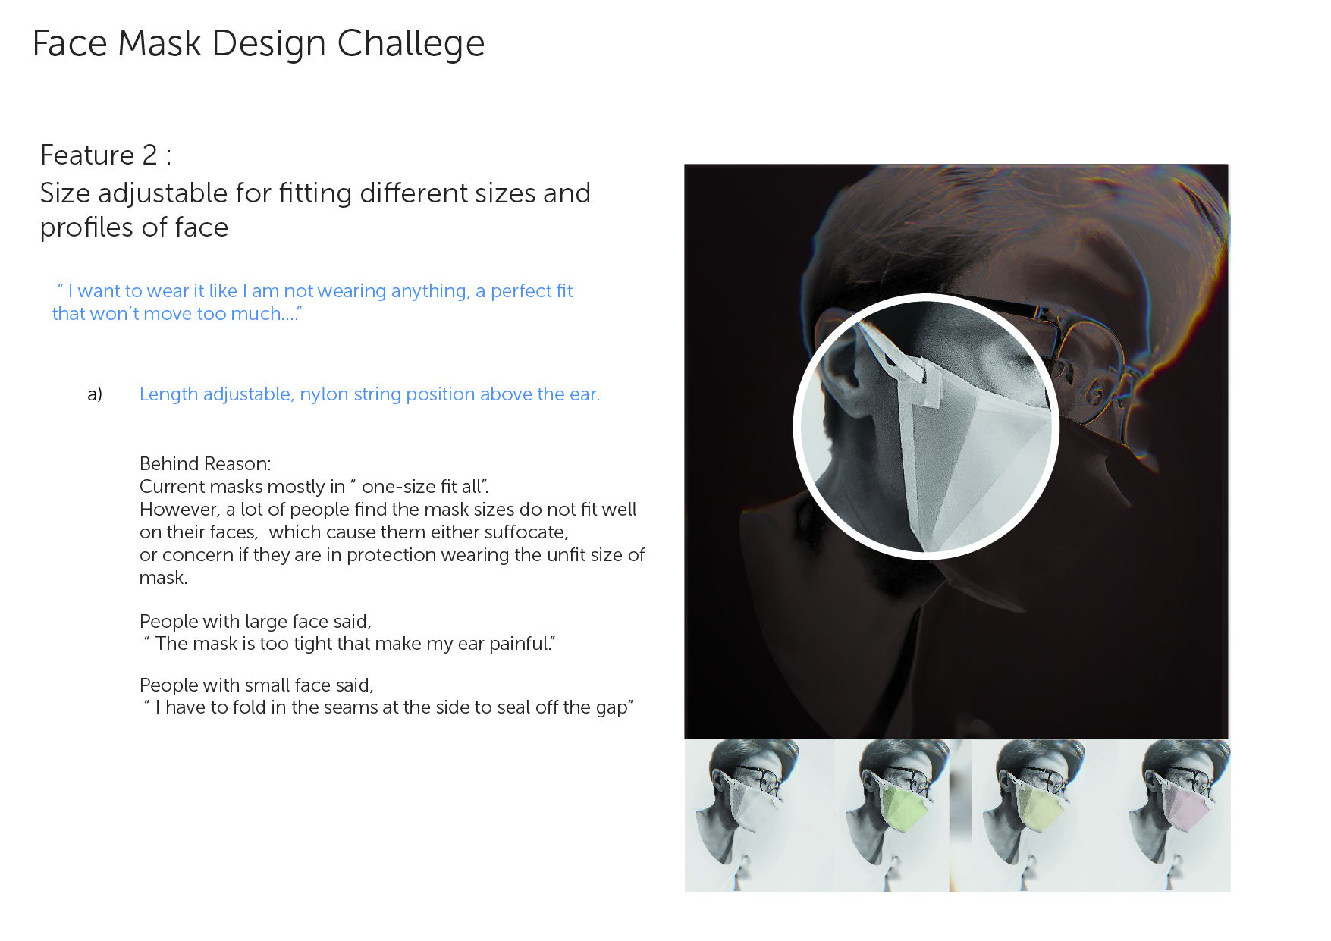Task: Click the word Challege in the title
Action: (x=410, y=44)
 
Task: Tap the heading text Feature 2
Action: (x=99, y=155)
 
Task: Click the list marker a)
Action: (x=95, y=394)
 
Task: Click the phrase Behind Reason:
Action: (x=205, y=463)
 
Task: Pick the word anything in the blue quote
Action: (x=425, y=292)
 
